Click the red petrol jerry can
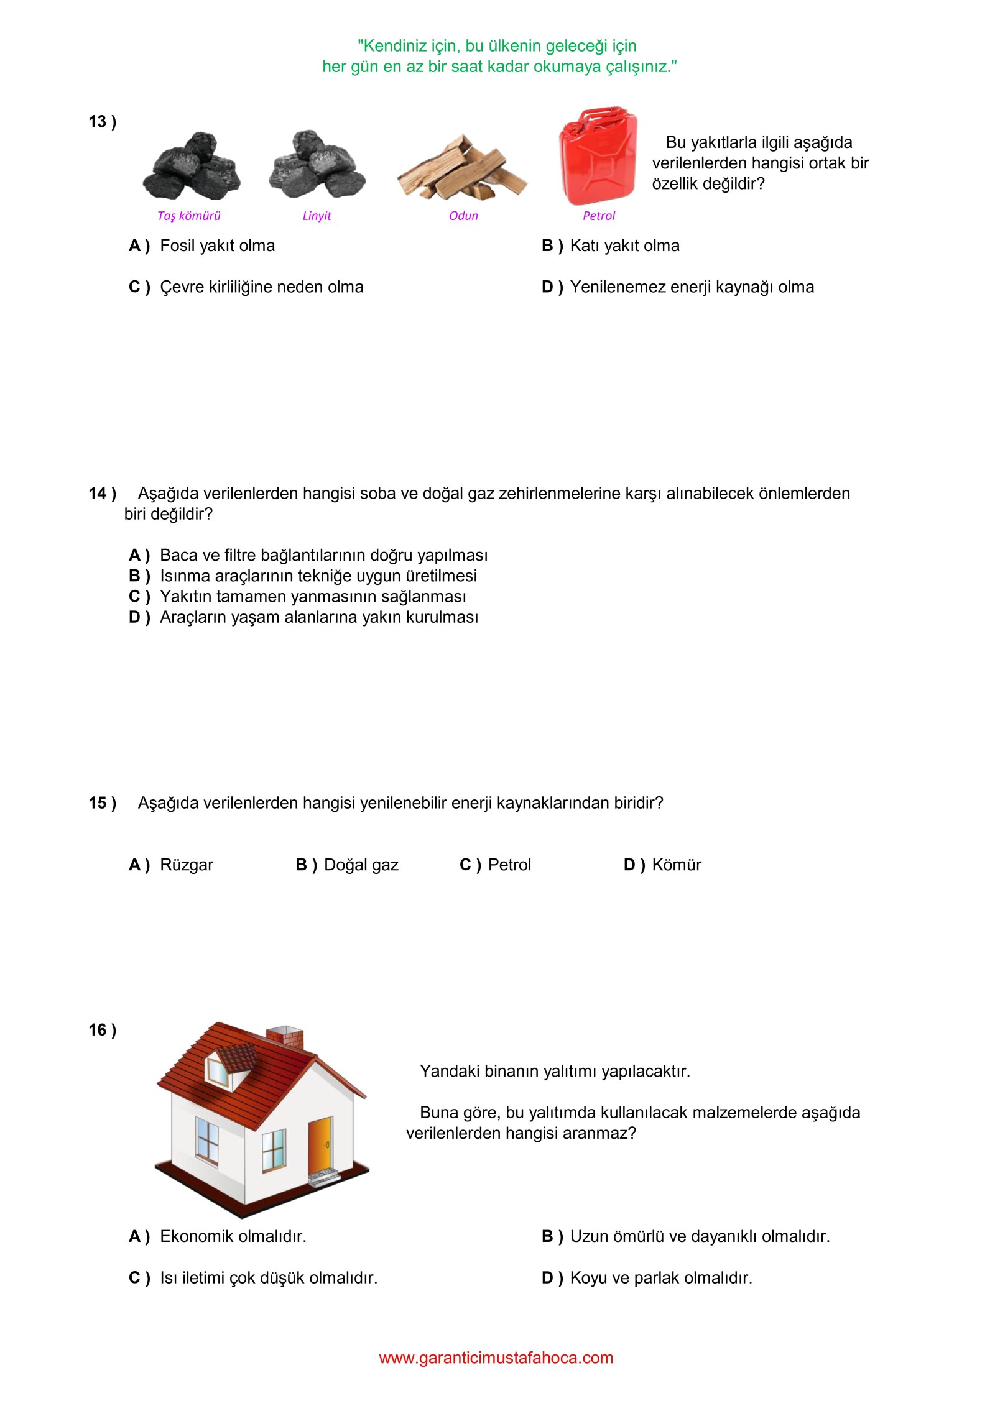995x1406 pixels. [x=598, y=157]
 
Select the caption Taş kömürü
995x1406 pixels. [x=188, y=216]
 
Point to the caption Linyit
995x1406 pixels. [x=317, y=216]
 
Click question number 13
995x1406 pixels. [x=102, y=122]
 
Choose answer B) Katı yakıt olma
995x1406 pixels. [x=610, y=246]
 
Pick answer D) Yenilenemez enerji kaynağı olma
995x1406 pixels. [x=677, y=287]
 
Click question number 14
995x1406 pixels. [x=102, y=494]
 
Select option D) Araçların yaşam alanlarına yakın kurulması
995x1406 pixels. [x=303, y=617]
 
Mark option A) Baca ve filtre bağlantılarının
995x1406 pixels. [x=308, y=555]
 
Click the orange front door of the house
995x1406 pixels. [x=320, y=1146]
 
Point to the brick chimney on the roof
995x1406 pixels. [x=285, y=1039]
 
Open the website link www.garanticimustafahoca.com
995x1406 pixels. [x=496, y=1358]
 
